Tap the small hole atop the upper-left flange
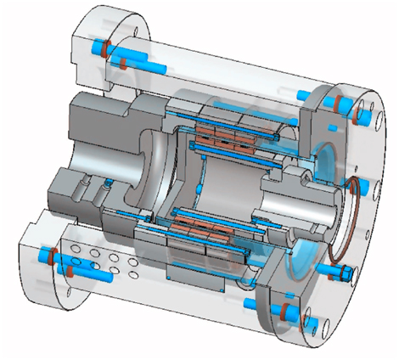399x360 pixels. coord(138,36)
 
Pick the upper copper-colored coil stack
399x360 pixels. coord(225,135)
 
